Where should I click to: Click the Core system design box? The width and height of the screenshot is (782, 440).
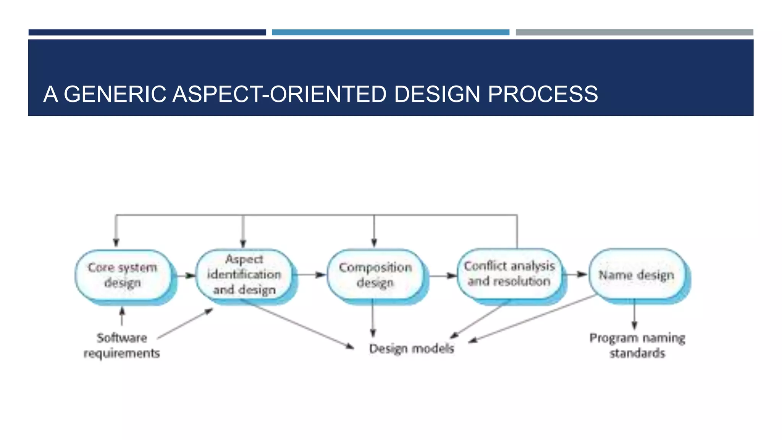tap(123, 275)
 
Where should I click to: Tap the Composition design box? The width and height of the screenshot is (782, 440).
tap(375, 275)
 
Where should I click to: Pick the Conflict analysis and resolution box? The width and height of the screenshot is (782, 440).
tap(509, 274)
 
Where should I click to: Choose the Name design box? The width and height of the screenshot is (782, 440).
tap(636, 275)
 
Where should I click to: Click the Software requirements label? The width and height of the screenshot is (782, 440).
tap(121, 346)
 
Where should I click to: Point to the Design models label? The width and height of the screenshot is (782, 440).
tap(411, 348)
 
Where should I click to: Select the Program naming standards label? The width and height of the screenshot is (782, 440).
tap(637, 346)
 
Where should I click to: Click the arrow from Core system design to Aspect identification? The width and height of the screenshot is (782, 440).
tap(186, 275)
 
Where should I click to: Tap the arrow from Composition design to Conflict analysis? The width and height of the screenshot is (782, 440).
tap(443, 275)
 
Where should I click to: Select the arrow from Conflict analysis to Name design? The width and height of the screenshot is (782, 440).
tap(576, 274)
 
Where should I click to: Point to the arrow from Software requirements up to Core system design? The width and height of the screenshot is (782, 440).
tap(122, 316)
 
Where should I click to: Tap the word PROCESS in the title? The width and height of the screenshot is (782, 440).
tap(543, 94)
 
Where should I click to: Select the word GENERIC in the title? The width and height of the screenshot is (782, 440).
tap(115, 94)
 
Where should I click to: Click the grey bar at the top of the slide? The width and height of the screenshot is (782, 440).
tap(634, 32)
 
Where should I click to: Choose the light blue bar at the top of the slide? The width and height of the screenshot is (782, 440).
tap(390, 32)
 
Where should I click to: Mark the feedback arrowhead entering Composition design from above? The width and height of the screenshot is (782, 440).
tap(374, 243)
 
